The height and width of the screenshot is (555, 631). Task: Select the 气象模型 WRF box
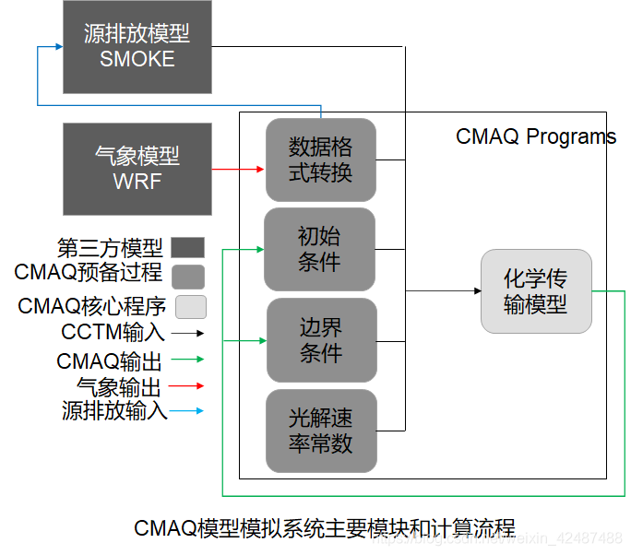click(x=137, y=169)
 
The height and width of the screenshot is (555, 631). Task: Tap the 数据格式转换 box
click(x=320, y=159)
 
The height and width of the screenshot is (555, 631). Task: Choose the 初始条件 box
click(x=319, y=249)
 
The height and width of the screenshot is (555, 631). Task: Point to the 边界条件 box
click(x=321, y=340)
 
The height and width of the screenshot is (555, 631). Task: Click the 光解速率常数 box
click(x=320, y=431)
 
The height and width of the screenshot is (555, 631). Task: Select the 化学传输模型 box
click(x=535, y=291)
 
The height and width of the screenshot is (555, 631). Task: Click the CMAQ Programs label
click(x=535, y=137)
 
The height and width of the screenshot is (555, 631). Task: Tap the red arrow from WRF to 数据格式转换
click(x=238, y=170)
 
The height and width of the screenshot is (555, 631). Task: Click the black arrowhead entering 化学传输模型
click(x=475, y=291)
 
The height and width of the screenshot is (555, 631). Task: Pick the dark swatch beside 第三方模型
click(x=188, y=247)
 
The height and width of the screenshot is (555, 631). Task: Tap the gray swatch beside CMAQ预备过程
click(x=188, y=276)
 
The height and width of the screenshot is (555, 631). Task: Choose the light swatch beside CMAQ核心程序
click(x=191, y=306)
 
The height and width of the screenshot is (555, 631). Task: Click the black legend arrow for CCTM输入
click(x=188, y=334)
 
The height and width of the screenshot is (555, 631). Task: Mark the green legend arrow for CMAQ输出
click(x=188, y=360)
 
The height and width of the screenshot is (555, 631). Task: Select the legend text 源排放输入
click(x=115, y=411)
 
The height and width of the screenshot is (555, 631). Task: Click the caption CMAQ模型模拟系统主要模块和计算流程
click(x=324, y=528)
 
